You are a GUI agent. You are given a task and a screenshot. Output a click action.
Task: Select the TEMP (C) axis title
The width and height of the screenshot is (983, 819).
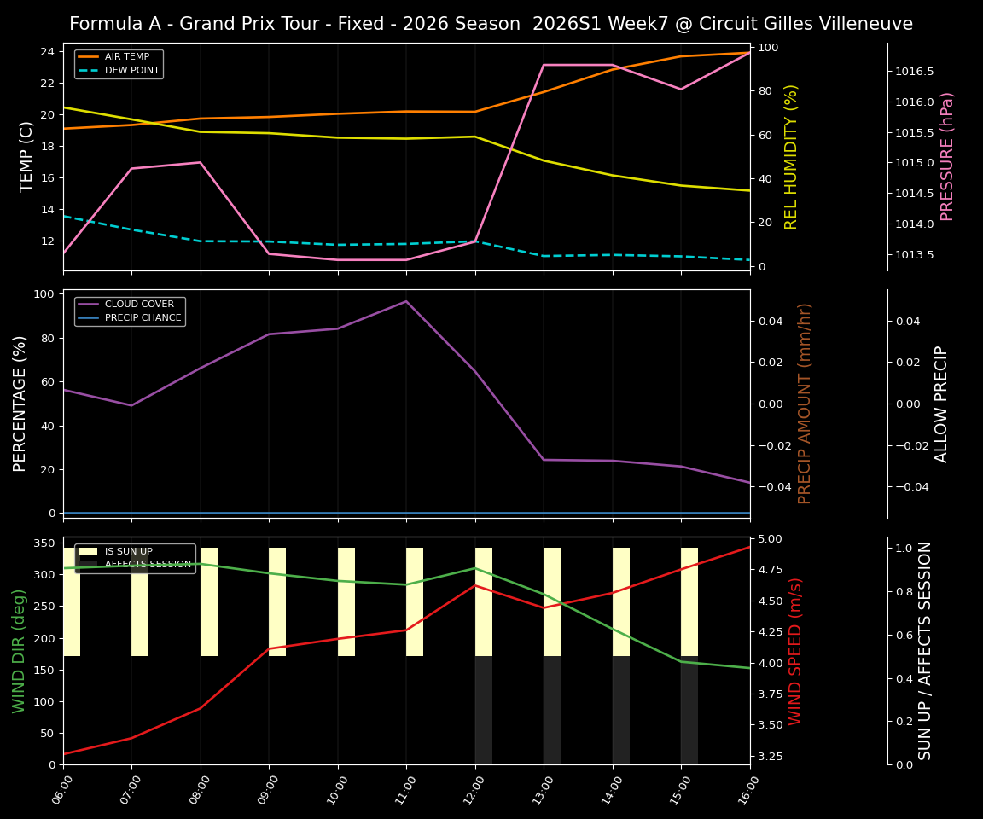(26, 156)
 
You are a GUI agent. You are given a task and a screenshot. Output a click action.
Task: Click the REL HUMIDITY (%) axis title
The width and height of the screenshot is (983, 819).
(791, 156)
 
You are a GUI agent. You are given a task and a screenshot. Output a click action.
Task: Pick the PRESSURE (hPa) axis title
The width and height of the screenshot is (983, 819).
(947, 156)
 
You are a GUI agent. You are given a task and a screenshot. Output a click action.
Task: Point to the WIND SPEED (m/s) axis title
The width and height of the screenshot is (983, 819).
(795, 651)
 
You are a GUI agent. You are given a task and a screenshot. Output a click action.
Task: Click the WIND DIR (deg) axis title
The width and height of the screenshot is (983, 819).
(19, 651)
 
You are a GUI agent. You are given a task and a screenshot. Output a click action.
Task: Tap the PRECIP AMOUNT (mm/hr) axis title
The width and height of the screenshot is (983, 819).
(805, 404)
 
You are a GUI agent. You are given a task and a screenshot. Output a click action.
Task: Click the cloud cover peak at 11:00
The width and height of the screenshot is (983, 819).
(406, 301)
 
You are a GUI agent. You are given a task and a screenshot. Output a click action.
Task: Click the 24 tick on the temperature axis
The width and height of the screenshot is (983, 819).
(48, 52)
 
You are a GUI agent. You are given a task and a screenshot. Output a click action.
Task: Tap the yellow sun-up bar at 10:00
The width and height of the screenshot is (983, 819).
(346, 601)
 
